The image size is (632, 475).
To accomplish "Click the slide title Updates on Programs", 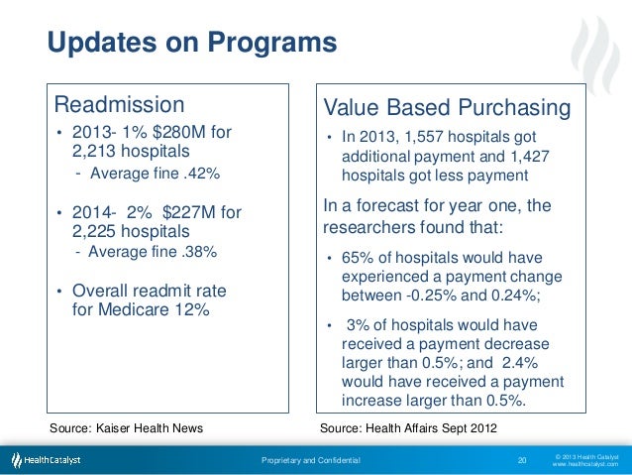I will [x=192, y=45].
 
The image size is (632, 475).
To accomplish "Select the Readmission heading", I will [x=119, y=104].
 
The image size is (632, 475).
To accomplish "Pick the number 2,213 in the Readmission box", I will [x=96, y=153].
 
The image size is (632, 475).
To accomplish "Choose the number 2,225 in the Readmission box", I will [x=96, y=231].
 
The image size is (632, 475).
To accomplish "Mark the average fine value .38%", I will [x=195, y=251].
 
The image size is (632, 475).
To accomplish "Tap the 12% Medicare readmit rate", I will [x=192, y=309].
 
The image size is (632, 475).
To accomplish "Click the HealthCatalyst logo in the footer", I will [x=46, y=460].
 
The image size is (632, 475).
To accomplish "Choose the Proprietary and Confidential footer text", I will [x=311, y=460].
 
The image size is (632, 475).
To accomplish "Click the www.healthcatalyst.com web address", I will [x=584, y=464].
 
